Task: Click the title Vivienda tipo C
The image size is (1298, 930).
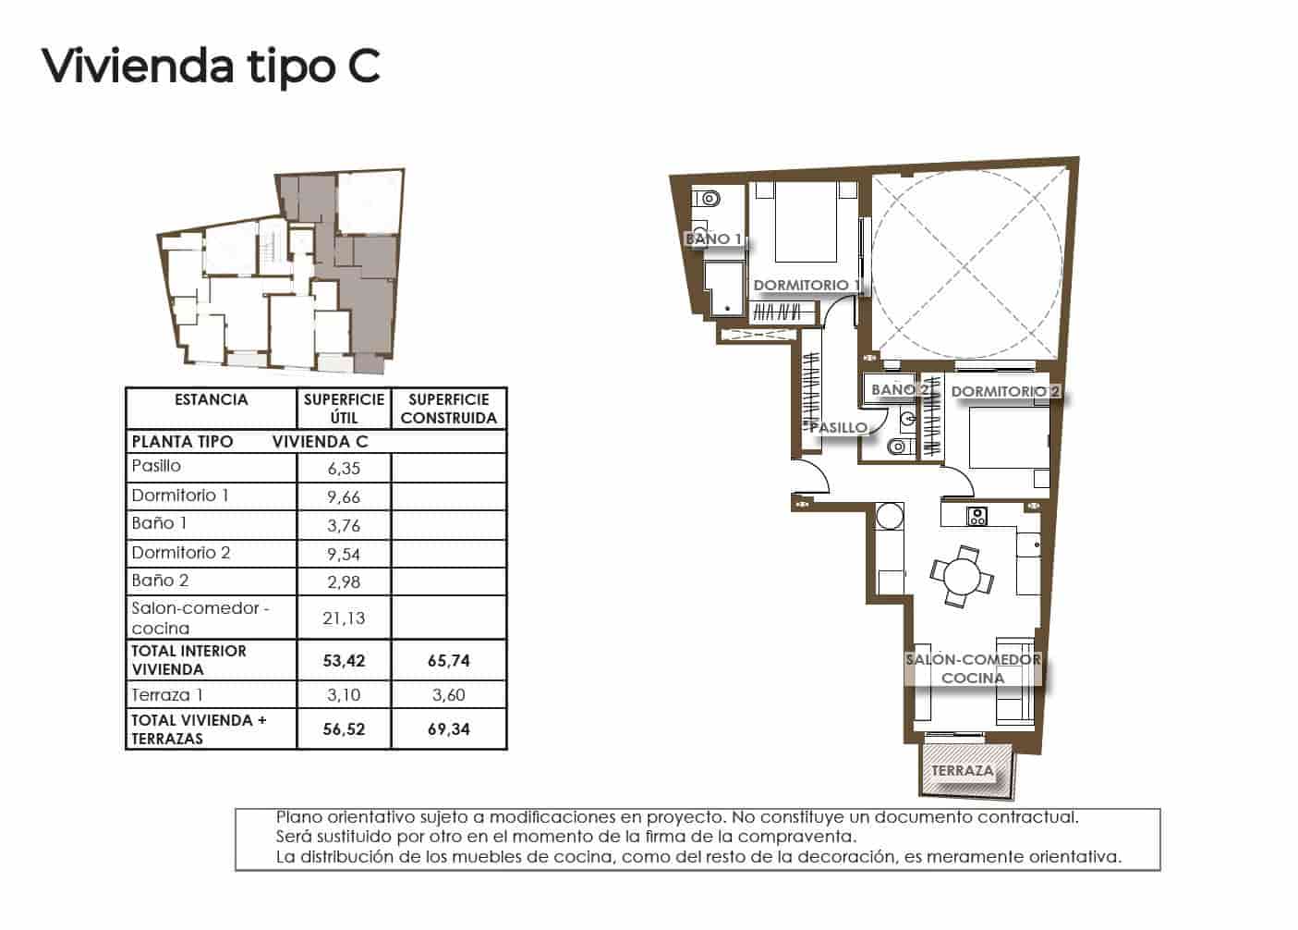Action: tap(211, 67)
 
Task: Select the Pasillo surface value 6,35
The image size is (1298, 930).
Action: tap(344, 469)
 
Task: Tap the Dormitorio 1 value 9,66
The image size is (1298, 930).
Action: tap(344, 497)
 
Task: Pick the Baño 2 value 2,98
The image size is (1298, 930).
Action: tap(344, 582)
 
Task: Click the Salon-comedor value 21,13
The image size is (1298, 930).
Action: tap(344, 618)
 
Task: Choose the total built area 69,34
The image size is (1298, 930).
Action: tap(449, 729)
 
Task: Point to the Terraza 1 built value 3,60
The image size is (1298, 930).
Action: tap(449, 695)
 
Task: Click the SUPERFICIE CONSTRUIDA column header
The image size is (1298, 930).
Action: tap(449, 409)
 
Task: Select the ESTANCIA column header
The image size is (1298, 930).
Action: tap(211, 400)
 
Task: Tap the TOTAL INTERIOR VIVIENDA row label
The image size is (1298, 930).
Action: tap(189, 660)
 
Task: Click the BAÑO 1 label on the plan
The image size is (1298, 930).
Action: tap(713, 239)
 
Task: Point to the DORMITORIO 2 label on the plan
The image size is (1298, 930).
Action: tap(1005, 392)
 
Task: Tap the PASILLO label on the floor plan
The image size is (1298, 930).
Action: tap(838, 427)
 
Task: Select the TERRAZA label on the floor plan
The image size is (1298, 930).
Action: tap(963, 770)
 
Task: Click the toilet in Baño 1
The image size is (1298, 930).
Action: tap(708, 198)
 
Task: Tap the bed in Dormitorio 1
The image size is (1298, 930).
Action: tap(806, 222)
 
